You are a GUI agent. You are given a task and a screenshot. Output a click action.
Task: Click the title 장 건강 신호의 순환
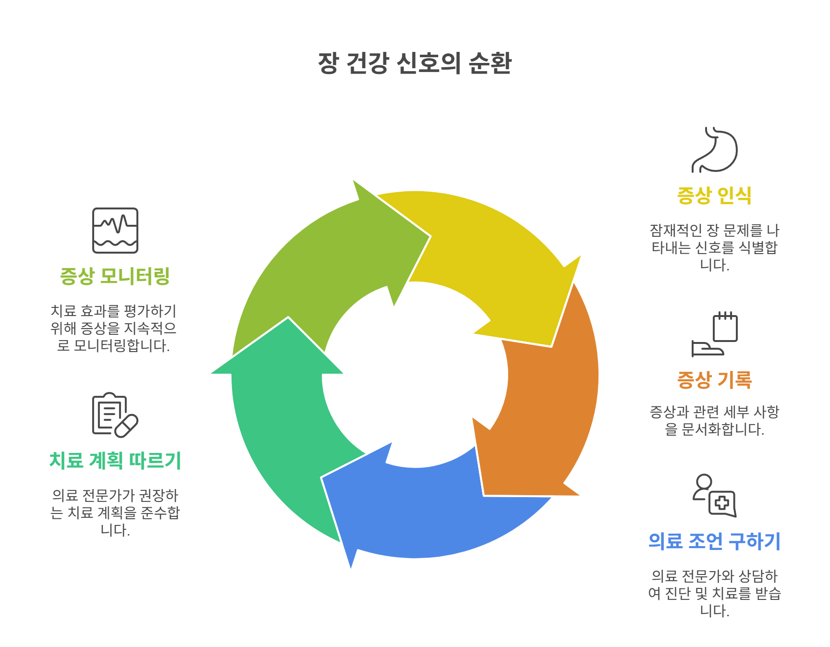[x=415, y=63]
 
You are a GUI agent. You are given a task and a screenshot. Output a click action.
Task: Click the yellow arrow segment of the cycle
[x=485, y=250]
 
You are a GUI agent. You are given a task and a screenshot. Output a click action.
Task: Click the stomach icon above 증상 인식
[x=714, y=150]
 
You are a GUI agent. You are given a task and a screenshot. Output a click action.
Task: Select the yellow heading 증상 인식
[x=714, y=195]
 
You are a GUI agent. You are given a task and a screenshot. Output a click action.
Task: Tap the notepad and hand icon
[x=714, y=334]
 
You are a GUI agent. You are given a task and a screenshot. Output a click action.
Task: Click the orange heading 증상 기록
[x=714, y=380]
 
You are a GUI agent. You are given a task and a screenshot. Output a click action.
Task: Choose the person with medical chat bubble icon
[x=714, y=496]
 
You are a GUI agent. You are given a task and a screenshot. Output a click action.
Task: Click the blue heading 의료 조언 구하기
[x=714, y=541]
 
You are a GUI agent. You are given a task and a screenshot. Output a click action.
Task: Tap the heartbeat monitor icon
[x=115, y=231]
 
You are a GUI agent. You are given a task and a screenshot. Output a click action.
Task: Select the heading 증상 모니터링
[x=115, y=276]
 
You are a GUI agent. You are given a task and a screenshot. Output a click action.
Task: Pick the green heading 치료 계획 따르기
[x=115, y=461]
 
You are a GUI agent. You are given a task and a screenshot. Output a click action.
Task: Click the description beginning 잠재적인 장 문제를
[x=714, y=247]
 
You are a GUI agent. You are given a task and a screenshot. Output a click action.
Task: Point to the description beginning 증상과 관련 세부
[x=714, y=420]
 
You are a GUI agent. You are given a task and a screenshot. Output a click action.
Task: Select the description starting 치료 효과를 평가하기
[x=114, y=328]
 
